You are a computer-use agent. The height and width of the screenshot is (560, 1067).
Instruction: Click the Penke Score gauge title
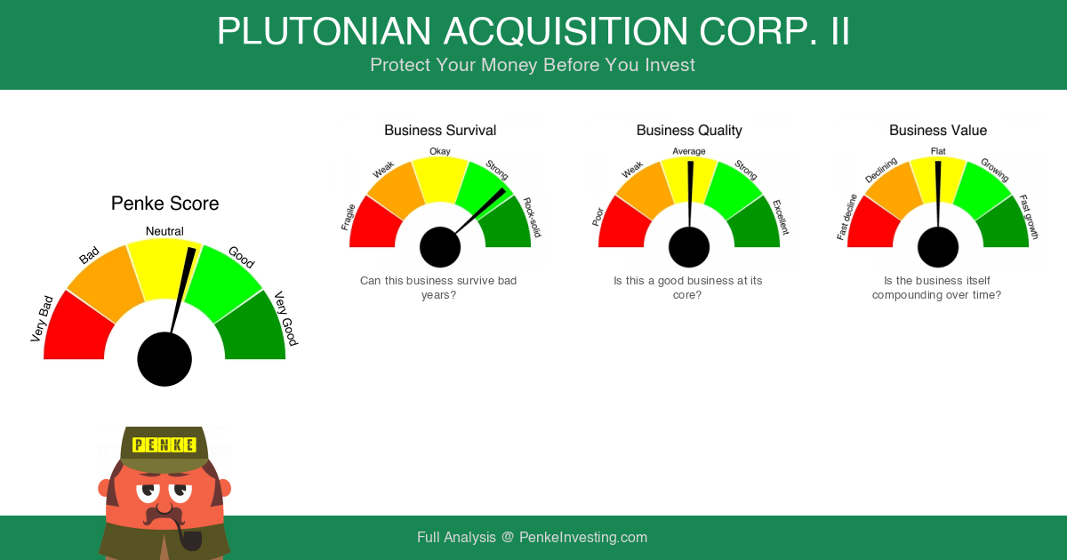click(164, 204)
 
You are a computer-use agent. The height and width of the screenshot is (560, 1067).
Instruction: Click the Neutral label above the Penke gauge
click(164, 231)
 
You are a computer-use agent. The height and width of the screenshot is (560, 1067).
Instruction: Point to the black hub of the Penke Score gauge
click(164, 359)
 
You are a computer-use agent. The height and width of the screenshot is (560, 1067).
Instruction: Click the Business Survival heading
click(440, 131)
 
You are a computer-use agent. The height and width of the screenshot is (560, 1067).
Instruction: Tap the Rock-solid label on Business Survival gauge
click(532, 217)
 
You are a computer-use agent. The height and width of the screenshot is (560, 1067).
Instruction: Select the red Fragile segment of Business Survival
click(374, 225)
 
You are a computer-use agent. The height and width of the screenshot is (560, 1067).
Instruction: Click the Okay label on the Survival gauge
click(439, 151)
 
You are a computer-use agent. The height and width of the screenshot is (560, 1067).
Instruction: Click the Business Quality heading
click(689, 131)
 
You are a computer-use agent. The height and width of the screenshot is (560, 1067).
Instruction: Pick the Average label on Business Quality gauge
click(689, 151)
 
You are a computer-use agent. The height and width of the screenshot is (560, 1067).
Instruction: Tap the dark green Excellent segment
click(756, 225)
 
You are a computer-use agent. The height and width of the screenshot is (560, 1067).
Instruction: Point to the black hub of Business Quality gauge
click(689, 247)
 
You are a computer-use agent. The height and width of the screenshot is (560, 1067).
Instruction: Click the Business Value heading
click(938, 131)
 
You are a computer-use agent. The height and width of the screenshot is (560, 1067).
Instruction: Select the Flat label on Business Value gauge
click(938, 151)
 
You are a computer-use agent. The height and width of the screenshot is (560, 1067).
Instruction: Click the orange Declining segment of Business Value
click(892, 189)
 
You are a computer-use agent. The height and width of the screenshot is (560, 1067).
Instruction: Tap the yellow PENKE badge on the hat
click(164, 444)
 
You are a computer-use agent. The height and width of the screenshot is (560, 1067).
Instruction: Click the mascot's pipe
click(188, 537)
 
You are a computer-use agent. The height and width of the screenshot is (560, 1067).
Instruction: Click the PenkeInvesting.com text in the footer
click(583, 537)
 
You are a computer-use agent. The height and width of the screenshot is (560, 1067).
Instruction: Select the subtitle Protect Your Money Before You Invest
click(533, 65)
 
